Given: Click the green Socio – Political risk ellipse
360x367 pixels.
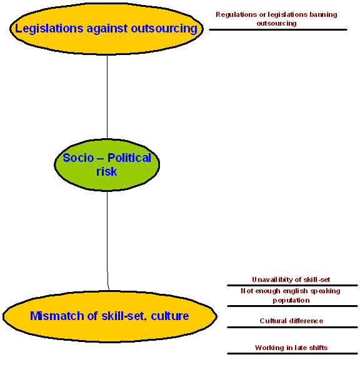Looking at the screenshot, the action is (x=107, y=165).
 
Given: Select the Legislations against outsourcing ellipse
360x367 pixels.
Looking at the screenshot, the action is (x=106, y=29).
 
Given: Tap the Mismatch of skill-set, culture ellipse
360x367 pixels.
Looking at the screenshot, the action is (x=110, y=316).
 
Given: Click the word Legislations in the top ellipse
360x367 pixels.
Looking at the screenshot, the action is (x=49, y=29).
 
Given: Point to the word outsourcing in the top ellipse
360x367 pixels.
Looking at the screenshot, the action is (x=164, y=29).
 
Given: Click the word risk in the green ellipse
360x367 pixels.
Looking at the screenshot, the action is (x=106, y=171).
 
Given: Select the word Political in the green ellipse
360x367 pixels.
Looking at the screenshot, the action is (x=129, y=158).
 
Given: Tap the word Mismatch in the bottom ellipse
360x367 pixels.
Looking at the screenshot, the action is (x=57, y=316).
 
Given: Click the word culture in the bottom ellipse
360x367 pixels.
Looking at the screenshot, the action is (x=170, y=316).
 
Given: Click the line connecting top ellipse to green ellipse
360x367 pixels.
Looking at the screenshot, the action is (x=107, y=97).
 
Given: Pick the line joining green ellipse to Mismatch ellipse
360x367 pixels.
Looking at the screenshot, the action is (x=107, y=241).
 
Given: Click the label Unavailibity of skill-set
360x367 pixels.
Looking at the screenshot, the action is (x=291, y=279).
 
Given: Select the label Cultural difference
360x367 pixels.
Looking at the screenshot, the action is (x=291, y=321).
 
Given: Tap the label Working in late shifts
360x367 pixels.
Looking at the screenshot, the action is (x=291, y=348).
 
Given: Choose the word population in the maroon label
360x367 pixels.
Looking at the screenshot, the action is (x=291, y=300).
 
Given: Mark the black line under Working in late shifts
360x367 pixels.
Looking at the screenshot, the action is (x=292, y=353).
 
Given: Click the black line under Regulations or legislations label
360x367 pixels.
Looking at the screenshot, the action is (x=278, y=30).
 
